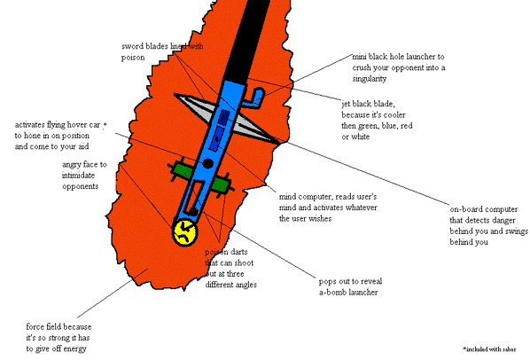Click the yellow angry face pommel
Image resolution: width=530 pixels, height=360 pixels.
coord(185,232)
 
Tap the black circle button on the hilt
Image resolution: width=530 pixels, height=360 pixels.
coord(207,164)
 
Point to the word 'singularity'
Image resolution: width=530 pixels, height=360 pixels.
coord(369,79)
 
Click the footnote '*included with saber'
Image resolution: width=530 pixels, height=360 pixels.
coord(489,349)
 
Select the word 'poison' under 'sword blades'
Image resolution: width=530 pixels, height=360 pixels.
coord(133,58)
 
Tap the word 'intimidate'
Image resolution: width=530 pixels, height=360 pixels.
coord(78,176)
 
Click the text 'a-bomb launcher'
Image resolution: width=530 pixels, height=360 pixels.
coord(348,293)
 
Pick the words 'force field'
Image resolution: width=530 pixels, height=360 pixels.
coord(42,327)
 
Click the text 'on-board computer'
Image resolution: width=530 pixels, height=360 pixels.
coord(484,209)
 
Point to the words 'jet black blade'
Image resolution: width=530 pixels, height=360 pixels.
coord(368,104)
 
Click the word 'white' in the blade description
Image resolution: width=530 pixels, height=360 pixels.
coord(361,137)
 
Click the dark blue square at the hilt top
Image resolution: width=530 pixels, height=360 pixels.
coord(223,117)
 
